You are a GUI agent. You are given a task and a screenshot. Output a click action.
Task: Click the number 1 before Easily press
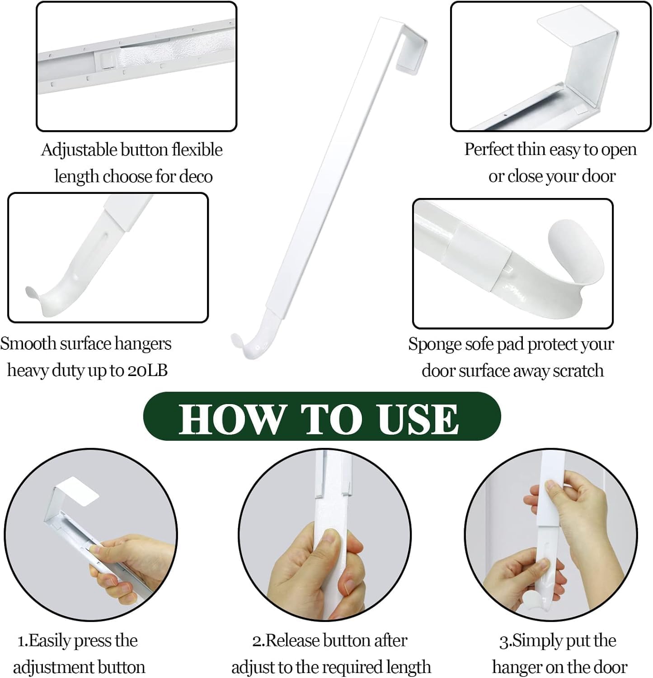[x=21, y=641]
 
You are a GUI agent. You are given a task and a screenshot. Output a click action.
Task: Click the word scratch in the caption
[x=578, y=371]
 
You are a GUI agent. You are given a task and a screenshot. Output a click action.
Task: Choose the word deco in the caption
[x=196, y=176]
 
